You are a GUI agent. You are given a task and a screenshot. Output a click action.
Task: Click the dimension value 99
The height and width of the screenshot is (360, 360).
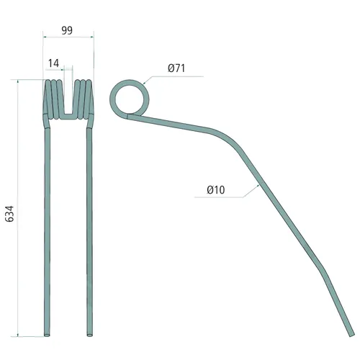click(x=67, y=30)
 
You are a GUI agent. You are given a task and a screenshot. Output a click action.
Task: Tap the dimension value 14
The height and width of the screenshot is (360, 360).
click(x=53, y=63)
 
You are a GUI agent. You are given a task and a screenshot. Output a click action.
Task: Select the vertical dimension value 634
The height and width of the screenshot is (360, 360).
click(x=10, y=214)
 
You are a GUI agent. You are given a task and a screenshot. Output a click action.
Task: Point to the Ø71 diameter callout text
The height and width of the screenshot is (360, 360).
click(x=176, y=68)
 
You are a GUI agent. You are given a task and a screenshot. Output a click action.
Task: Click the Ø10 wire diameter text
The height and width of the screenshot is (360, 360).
click(x=216, y=190)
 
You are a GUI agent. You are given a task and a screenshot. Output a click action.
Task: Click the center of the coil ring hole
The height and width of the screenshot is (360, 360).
click(x=130, y=99)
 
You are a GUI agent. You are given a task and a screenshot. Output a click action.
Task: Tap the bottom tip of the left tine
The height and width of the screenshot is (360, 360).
click(x=47, y=335)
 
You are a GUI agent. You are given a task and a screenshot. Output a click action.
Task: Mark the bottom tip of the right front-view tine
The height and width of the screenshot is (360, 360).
click(x=89, y=335)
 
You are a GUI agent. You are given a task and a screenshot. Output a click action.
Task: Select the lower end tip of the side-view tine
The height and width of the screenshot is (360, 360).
click(x=351, y=334)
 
